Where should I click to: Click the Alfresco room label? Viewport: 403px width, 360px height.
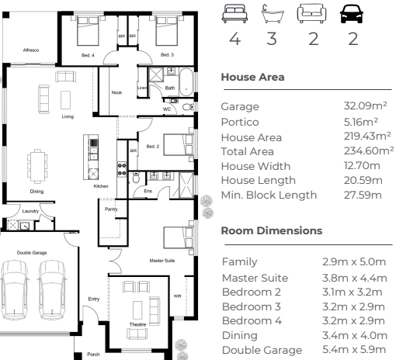(x=31, y=50)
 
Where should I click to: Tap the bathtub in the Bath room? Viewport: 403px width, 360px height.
(x=186, y=82)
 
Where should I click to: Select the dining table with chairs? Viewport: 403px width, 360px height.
(x=37, y=166)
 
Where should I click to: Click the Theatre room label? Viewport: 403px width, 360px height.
(x=137, y=324)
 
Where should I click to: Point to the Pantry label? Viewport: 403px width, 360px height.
(x=111, y=209)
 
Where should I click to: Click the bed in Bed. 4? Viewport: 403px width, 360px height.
(x=88, y=31)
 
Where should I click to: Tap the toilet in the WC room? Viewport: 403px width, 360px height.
(x=188, y=106)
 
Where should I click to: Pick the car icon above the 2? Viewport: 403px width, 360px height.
(x=352, y=14)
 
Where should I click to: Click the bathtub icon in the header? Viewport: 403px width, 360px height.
(x=273, y=14)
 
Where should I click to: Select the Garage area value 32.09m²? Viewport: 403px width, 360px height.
(x=365, y=106)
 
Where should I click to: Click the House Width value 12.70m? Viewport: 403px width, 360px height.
(x=362, y=165)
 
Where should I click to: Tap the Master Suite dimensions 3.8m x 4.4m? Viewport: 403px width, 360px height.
(x=355, y=278)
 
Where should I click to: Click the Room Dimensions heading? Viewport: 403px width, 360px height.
(x=272, y=230)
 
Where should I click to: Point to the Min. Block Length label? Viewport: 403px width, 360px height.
(x=269, y=195)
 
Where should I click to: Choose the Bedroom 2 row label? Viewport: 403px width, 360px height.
(x=252, y=292)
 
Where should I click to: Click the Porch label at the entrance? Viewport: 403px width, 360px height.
(x=93, y=355)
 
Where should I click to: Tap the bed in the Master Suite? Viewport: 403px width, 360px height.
(x=179, y=238)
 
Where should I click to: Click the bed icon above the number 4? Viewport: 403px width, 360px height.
(x=235, y=14)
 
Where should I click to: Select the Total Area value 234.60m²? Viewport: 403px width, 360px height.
(x=369, y=151)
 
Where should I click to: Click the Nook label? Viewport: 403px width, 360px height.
(x=116, y=92)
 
